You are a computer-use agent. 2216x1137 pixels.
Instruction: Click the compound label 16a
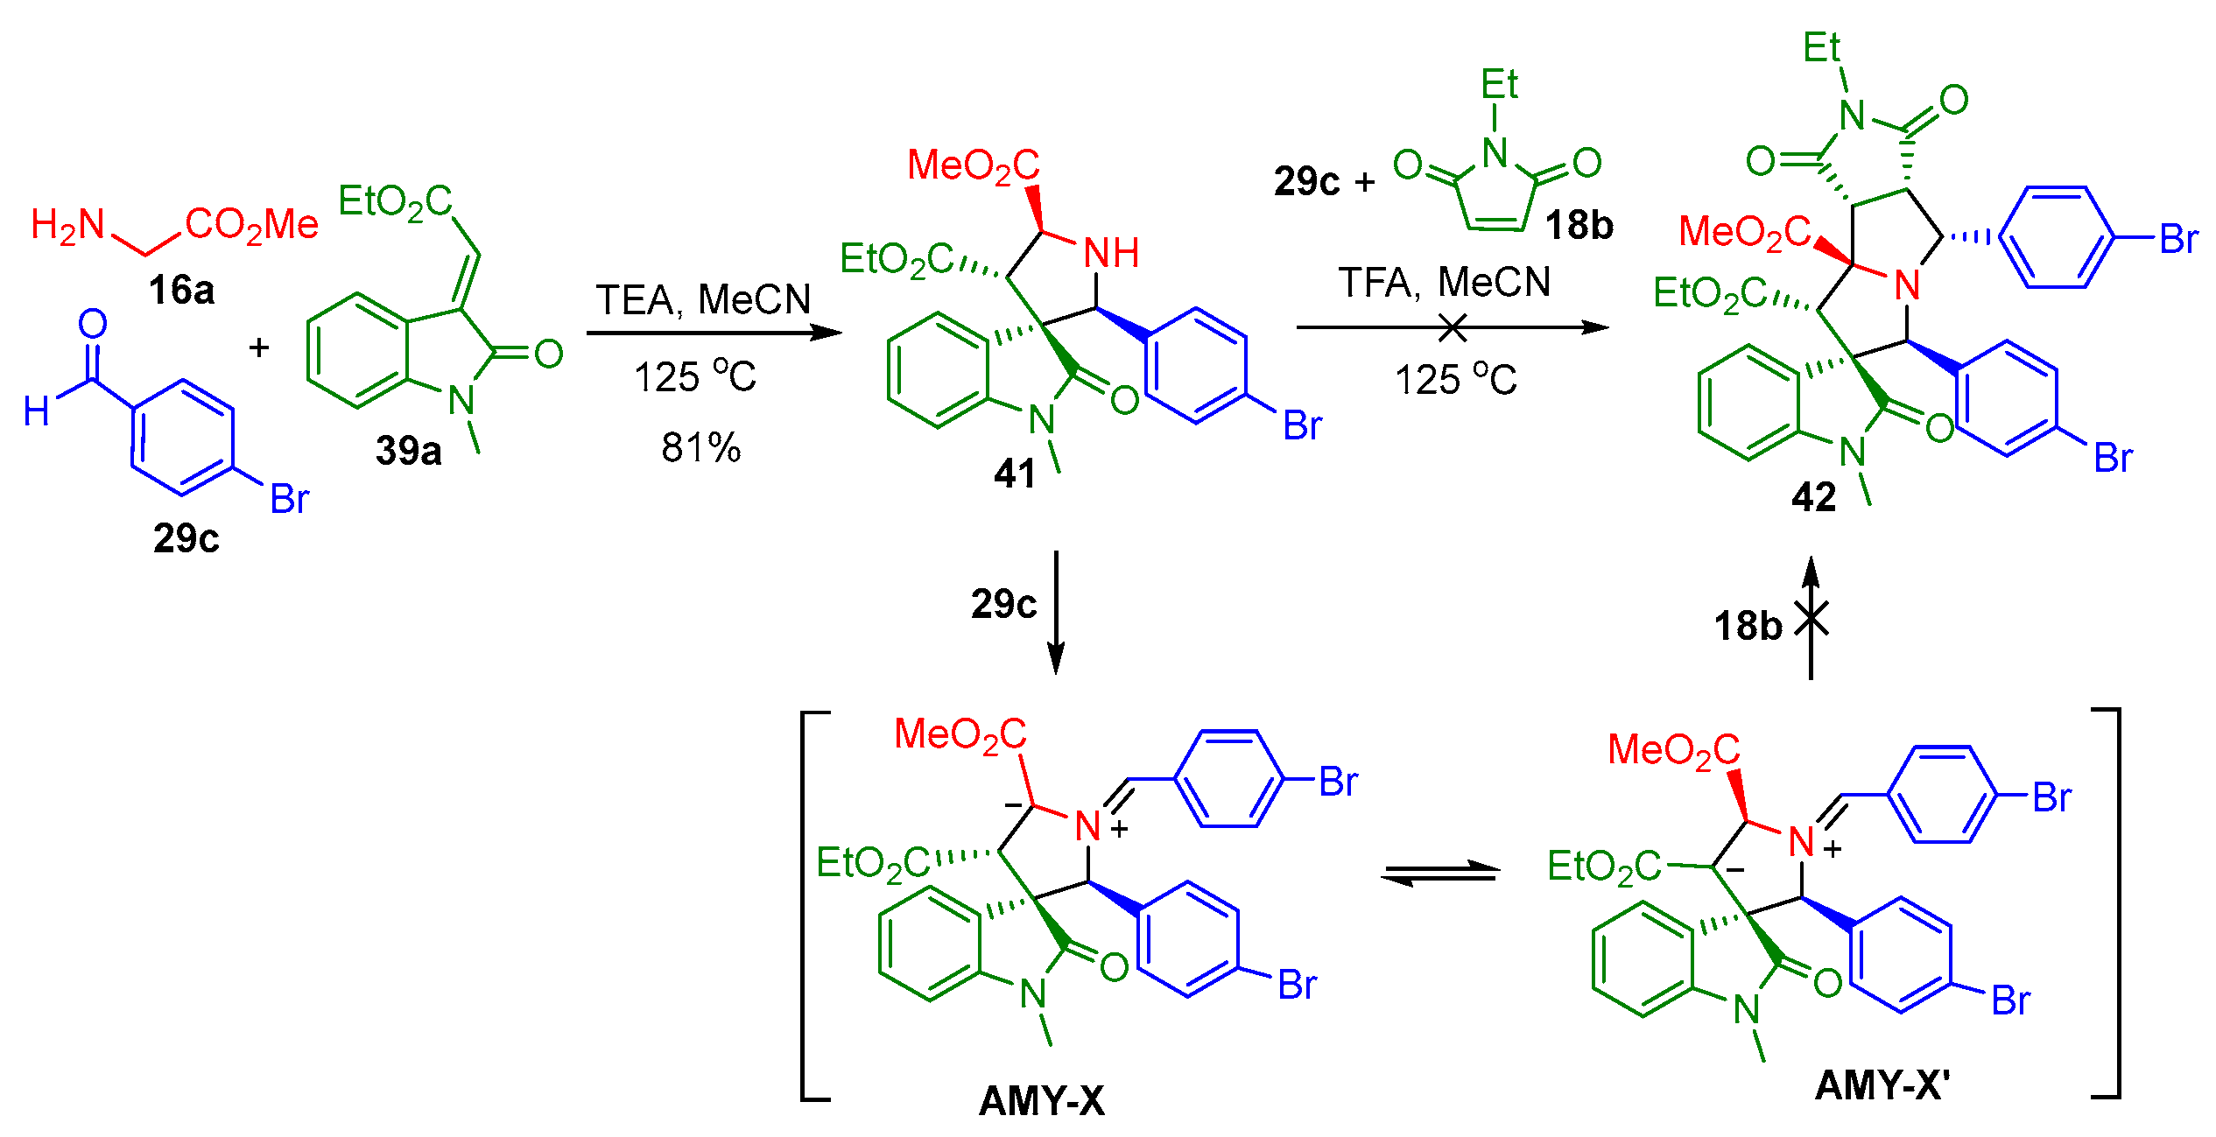181,290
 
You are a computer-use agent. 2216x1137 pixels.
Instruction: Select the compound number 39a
409,451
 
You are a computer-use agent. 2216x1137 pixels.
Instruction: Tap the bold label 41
1015,474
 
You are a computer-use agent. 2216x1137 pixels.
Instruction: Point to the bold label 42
1813,497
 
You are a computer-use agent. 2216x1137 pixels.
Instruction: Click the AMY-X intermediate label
1042,1100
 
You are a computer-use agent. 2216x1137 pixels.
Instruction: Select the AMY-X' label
1882,1085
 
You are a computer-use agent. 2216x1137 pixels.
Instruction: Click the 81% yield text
700,448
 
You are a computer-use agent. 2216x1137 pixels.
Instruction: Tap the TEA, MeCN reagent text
704,300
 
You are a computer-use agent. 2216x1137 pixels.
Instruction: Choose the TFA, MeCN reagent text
1445,283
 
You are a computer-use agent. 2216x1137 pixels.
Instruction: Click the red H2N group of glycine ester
68,225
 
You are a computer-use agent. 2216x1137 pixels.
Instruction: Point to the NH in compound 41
1111,254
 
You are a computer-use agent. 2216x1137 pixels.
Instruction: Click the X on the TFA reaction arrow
1453,328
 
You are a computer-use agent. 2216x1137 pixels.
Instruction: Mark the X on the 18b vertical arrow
1811,619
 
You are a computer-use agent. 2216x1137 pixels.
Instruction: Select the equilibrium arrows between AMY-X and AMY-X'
1440,873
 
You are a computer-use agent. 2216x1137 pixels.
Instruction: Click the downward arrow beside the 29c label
1056,612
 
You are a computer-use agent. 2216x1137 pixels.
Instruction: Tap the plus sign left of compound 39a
258,347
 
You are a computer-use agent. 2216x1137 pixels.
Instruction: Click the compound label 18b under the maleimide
1579,226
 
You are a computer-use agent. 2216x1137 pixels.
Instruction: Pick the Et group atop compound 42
1821,47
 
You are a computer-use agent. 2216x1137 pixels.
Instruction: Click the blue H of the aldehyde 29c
36,411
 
